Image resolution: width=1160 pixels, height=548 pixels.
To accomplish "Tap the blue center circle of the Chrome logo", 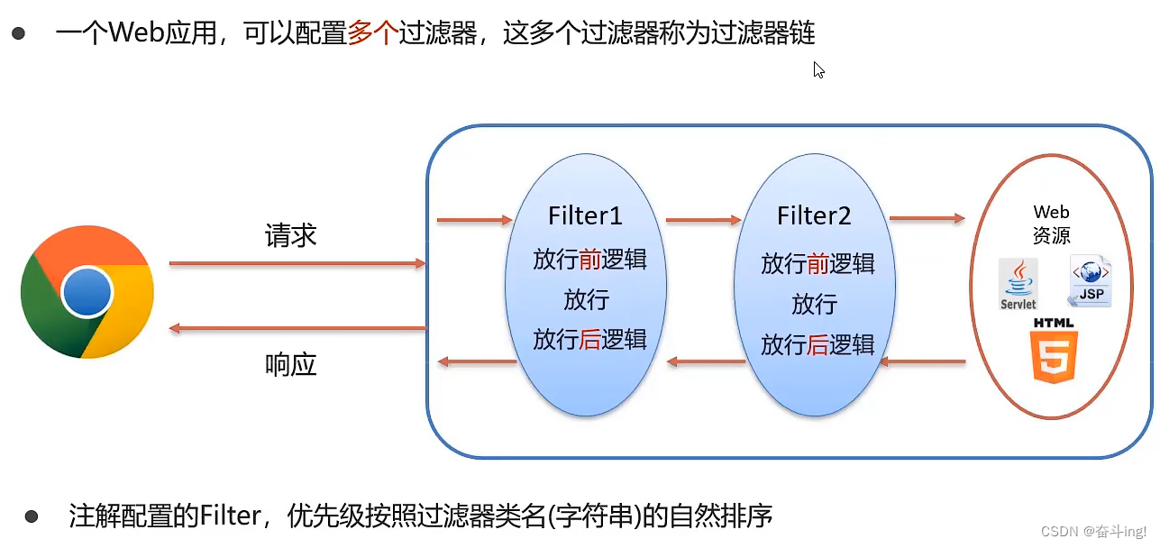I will click(87, 292).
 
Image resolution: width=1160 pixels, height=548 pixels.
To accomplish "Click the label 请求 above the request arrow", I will click(290, 236).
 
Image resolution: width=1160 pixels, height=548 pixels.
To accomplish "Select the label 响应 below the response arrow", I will click(290, 364).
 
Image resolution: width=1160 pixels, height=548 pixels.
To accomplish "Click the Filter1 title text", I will click(585, 216).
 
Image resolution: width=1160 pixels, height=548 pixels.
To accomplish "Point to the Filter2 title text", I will click(814, 216).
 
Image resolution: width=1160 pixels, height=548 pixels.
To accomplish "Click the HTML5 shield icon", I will click(1054, 357).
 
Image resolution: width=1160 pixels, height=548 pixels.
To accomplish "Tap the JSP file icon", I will click(1089, 281).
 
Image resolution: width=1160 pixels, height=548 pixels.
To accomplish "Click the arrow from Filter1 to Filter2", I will click(702, 219).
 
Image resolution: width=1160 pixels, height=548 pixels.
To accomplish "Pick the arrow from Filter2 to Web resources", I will click(927, 218).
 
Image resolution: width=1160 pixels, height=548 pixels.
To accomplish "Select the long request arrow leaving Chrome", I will click(297, 263).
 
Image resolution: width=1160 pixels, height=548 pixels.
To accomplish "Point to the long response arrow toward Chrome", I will click(297, 328).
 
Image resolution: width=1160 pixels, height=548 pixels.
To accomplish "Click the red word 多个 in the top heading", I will click(372, 34).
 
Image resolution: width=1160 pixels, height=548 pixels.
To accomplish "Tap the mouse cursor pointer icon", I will click(818, 69).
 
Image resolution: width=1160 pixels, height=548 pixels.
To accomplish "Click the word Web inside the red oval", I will click(1051, 212).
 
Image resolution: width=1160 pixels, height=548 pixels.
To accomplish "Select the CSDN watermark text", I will click(1093, 532).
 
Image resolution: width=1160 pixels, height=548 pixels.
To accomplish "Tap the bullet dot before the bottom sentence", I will click(32, 516).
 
